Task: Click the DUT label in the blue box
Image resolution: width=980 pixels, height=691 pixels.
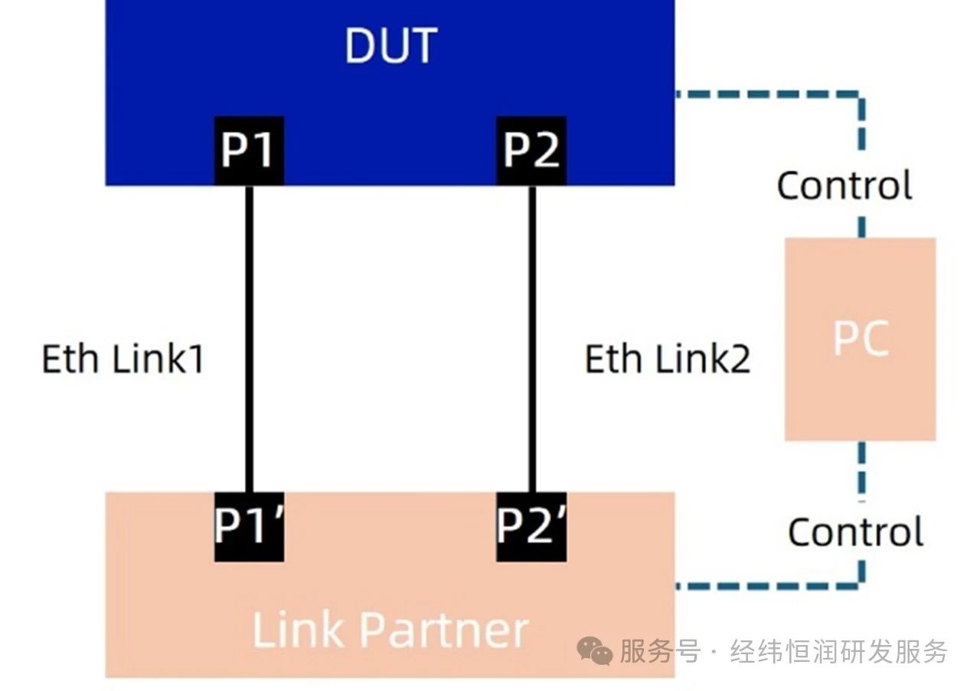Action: tap(390, 45)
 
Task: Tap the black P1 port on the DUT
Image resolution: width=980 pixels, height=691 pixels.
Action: tap(248, 150)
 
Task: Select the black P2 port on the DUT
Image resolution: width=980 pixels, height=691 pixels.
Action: tap(531, 150)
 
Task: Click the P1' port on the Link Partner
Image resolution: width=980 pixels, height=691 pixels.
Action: tap(248, 526)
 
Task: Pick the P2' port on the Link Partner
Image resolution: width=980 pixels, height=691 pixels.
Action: tap(531, 526)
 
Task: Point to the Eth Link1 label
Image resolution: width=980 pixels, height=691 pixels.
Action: tap(123, 359)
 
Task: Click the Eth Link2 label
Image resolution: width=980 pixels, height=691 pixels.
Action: tap(668, 359)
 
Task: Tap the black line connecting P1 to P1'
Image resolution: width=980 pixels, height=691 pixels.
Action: tap(249, 337)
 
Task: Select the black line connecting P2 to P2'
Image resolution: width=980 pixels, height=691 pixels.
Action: tap(532, 337)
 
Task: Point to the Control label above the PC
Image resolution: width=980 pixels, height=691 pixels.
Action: tap(844, 186)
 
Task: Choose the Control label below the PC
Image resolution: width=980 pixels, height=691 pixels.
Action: tap(855, 532)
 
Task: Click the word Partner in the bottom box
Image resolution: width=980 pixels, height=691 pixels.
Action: tap(444, 630)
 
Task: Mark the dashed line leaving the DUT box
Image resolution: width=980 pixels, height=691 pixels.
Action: tap(766, 94)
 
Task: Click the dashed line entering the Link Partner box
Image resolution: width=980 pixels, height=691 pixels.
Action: tap(766, 586)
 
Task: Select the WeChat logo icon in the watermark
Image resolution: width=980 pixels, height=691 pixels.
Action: tap(595, 652)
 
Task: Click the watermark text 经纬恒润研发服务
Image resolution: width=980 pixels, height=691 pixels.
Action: tap(839, 652)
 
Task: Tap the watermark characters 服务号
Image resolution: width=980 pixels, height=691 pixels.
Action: tap(660, 652)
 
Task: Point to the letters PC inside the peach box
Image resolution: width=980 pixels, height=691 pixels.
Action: tap(861, 338)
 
